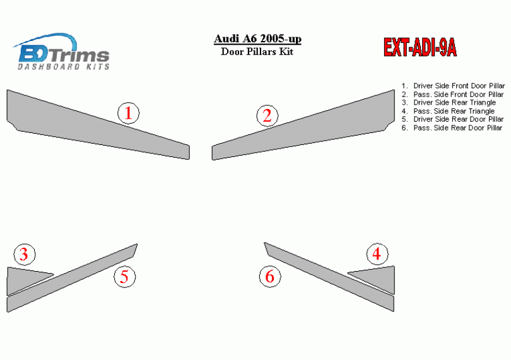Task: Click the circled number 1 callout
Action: coord(129,113)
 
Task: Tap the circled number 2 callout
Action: coord(267,115)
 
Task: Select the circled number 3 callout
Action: coord(25,254)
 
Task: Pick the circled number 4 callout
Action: coord(377,254)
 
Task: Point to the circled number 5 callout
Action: coord(125,277)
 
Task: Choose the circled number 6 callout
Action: coord(270,277)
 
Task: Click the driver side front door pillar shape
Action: coord(98,128)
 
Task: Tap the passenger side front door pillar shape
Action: coord(303,128)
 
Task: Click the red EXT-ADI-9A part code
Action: coord(420,47)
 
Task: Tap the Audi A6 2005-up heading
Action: coord(257,38)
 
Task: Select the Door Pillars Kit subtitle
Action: coord(257,52)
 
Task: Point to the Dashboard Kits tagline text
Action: coord(63,66)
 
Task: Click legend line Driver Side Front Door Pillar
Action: coord(454,86)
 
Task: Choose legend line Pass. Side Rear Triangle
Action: coord(448,111)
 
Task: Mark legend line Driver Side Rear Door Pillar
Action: coord(453,119)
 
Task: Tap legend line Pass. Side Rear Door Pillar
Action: coord(452,128)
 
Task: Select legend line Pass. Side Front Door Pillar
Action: coord(453,94)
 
